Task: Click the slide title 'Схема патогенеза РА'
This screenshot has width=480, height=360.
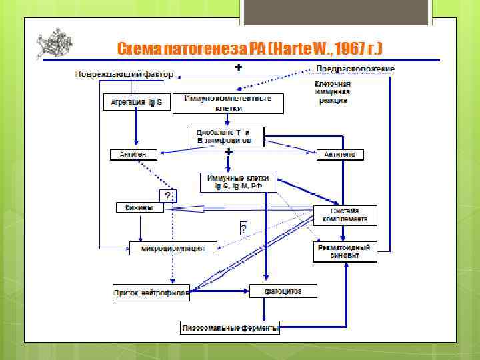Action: tap(249, 49)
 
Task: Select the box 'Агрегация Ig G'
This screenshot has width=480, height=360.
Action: tap(136, 103)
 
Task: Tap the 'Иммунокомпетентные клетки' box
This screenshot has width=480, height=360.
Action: tap(228, 103)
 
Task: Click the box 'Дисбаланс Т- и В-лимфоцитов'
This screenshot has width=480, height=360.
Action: tap(225, 137)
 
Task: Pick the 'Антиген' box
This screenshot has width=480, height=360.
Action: tap(133, 155)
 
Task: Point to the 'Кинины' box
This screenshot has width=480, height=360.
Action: tap(139, 208)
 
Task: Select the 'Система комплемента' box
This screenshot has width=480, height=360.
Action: tap(345, 214)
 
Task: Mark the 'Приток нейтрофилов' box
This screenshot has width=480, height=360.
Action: tap(151, 291)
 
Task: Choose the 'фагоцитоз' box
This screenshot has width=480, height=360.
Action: tap(283, 291)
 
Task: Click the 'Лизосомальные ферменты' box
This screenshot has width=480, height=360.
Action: tap(231, 328)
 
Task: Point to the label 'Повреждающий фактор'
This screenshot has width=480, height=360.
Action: tap(124, 73)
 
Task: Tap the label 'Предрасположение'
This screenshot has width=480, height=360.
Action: tap(355, 69)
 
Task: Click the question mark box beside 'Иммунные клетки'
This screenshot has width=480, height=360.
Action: tap(168, 195)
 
